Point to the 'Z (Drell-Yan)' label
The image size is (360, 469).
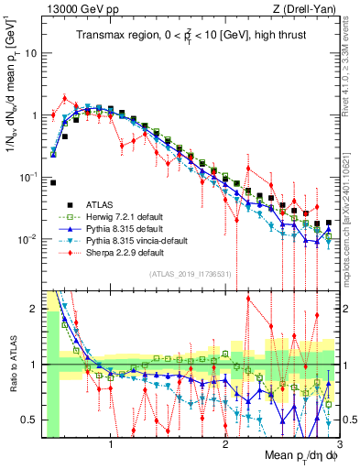point(307,8)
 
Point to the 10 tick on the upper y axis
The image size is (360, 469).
point(33,53)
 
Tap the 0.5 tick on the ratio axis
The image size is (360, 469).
point(32,420)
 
